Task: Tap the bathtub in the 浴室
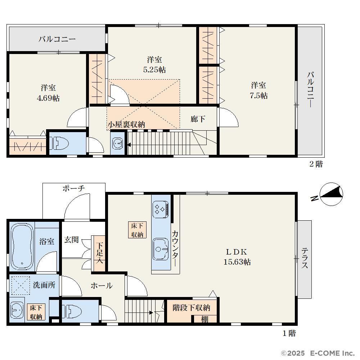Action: (22, 246)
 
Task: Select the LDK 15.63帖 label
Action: (237, 257)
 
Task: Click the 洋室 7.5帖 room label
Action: (258, 90)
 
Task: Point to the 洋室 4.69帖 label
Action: (48, 93)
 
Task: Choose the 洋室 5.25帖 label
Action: (154, 64)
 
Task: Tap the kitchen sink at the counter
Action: (161, 249)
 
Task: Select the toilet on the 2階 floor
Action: (59, 144)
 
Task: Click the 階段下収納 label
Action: (191, 308)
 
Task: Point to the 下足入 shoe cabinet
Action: (99, 253)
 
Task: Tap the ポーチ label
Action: (74, 189)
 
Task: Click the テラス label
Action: (305, 258)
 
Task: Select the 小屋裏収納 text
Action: (126, 125)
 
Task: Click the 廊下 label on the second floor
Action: (198, 119)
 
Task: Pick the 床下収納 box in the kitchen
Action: (137, 230)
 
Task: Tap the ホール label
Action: (102, 285)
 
